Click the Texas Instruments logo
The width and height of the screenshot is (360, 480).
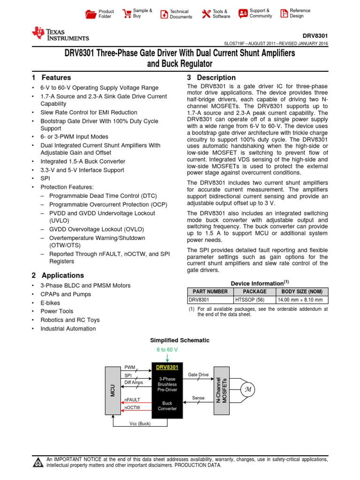(x=60, y=34)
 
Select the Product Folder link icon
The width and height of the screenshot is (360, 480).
(x=90, y=14)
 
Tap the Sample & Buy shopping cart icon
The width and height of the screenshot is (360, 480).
(x=126, y=14)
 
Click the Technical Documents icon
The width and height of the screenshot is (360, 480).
(x=164, y=14)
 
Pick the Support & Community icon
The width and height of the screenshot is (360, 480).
(x=243, y=14)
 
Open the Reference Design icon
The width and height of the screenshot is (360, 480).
(x=284, y=14)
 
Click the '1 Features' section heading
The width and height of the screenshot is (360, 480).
(x=52, y=78)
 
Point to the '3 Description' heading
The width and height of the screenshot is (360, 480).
(x=211, y=78)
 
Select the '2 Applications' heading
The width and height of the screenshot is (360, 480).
(x=58, y=276)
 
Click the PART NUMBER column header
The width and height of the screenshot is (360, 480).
(x=210, y=292)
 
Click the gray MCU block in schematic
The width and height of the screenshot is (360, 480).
(x=112, y=388)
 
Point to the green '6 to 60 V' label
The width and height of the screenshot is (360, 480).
(x=167, y=350)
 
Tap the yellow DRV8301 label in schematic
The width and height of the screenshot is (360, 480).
(x=167, y=367)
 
